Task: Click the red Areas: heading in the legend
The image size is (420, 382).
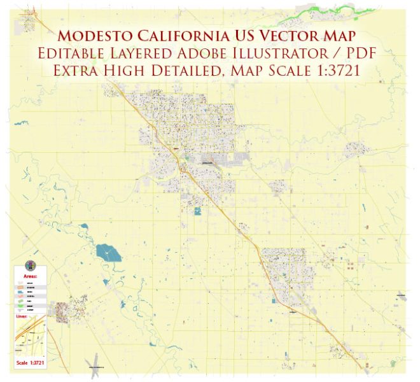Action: click(30, 276)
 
